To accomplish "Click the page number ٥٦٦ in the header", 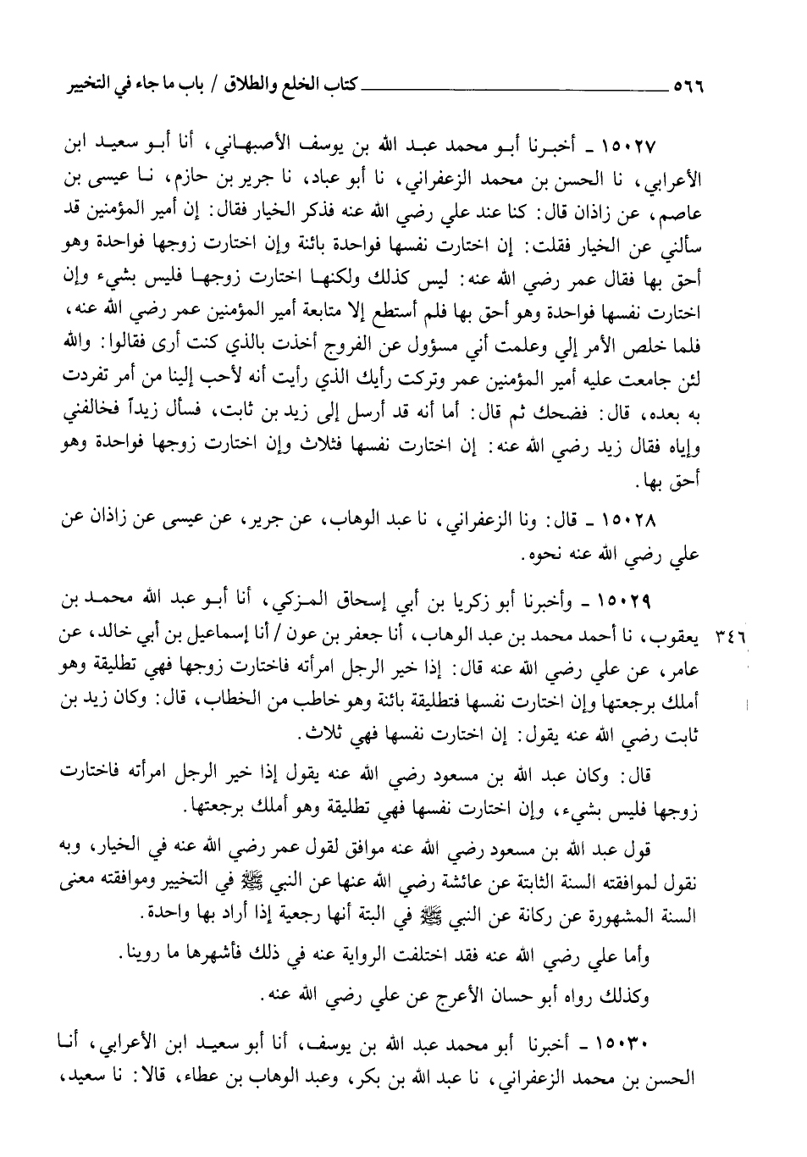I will (x=690, y=86).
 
